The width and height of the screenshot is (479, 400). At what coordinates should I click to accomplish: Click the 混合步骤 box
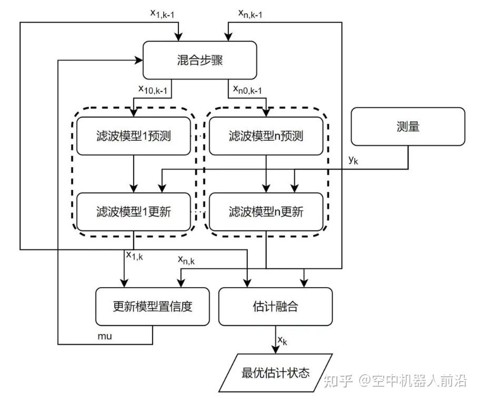[x=200, y=60]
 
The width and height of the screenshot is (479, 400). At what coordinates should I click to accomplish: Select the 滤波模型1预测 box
[x=134, y=136]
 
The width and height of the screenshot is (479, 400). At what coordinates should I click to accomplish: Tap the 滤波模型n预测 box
[x=266, y=136]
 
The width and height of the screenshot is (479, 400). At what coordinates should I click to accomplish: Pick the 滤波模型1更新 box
[x=134, y=212]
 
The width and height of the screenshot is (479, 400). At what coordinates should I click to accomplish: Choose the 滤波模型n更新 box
[x=266, y=212]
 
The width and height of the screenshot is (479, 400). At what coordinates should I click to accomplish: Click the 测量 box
[x=408, y=126]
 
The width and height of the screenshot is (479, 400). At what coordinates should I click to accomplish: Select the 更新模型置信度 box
[x=153, y=306]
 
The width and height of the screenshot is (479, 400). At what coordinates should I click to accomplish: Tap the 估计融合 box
[x=275, y=306]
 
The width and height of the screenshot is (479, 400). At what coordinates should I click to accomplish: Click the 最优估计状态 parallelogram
[x=275, y=373]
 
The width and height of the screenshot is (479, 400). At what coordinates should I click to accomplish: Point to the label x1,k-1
[x=162, y=13]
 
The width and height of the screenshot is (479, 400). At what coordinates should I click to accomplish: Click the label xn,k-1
[x=250, y=13]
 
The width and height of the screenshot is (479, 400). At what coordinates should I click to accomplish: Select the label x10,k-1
[x=153, y=89]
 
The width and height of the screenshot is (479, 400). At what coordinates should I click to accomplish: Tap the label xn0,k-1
[x=247, y=89]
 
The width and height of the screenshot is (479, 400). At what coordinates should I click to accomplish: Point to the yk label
[x=353, y=160]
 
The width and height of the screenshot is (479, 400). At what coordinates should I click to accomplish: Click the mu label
[x=105, y=336]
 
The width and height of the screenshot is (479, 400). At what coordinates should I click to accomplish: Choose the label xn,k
[x=186, y=260]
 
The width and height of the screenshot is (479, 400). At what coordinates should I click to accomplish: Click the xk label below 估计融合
[x=282, y=340]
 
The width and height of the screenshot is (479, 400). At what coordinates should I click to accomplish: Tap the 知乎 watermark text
[x=338, y=381]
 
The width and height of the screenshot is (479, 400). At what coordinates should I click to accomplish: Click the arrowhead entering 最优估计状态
[x=275, y=350]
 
